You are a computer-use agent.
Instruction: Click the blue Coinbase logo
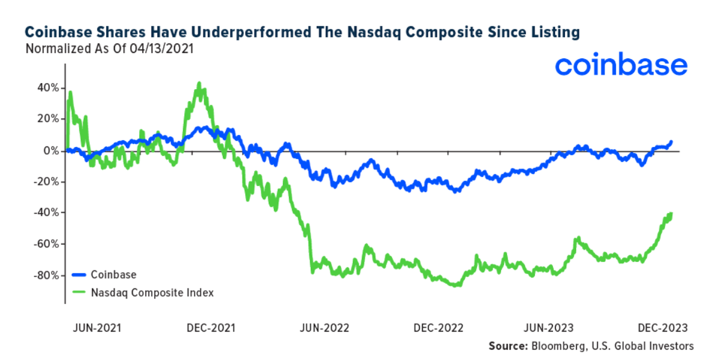coord(620,66)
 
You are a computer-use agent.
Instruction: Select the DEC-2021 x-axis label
coord(211,328)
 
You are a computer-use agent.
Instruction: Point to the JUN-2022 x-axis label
coord(325,328)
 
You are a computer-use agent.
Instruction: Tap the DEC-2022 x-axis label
coord(438,328)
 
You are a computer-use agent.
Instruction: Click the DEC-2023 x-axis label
coord(662,328)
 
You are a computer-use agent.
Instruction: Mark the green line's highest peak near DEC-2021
coord(199,84)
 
